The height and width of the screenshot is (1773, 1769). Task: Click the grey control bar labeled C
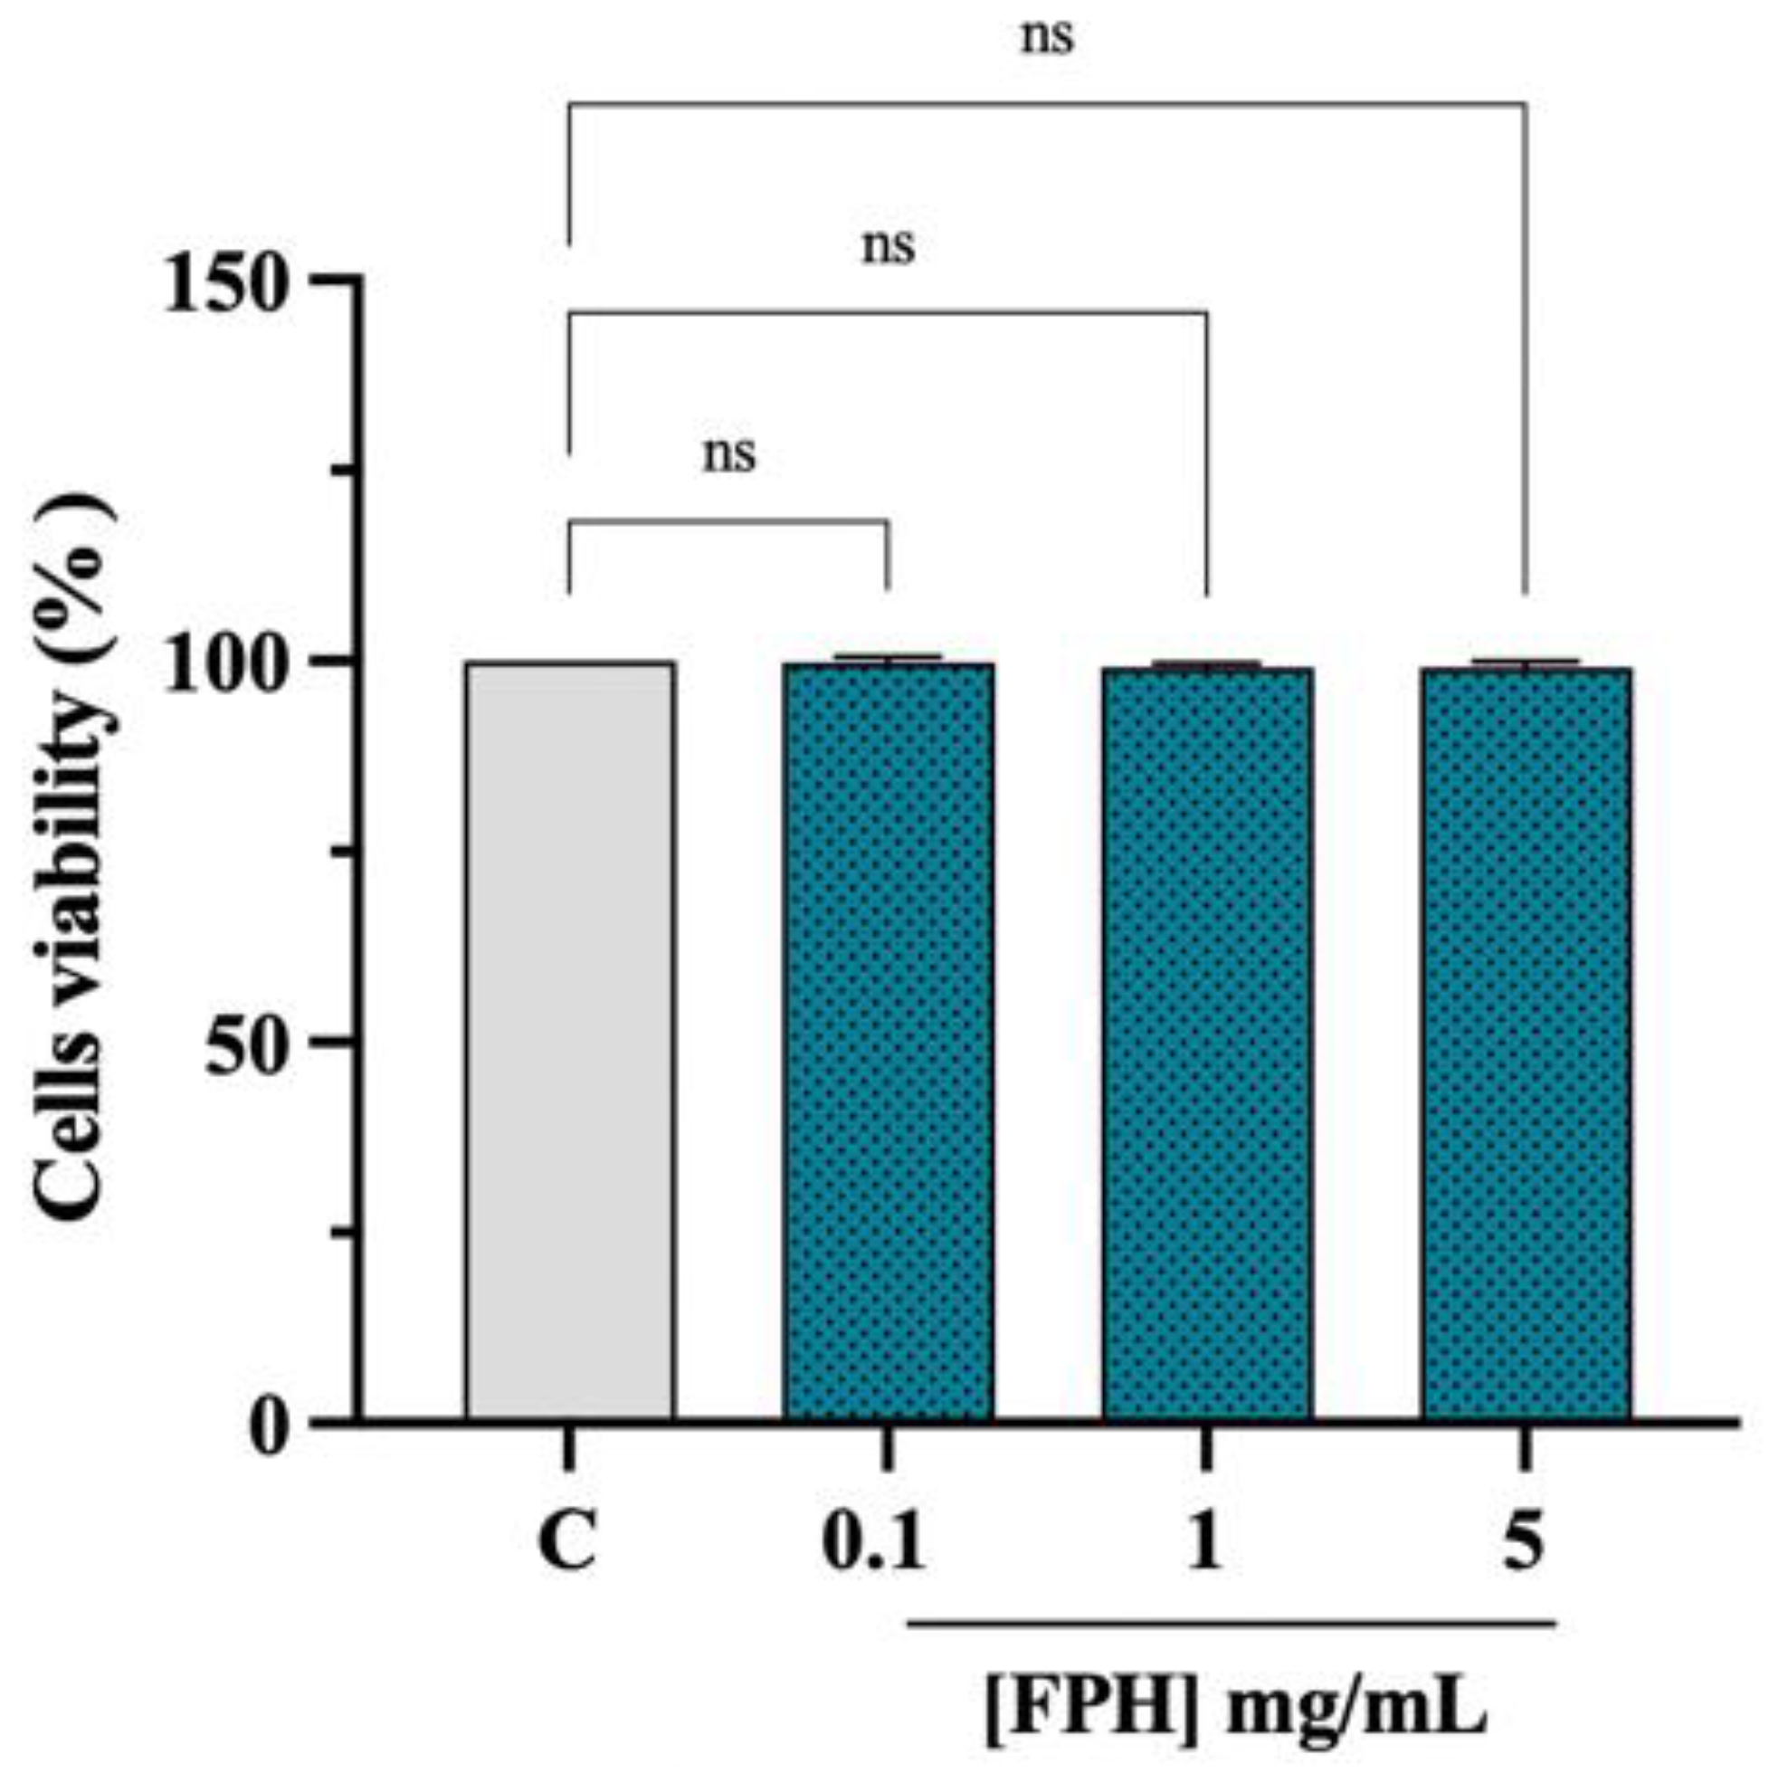click(570, 1042)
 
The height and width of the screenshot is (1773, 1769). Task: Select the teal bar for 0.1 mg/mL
click(889, 1042)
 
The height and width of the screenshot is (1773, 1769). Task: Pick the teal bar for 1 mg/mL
click(1207, 1044)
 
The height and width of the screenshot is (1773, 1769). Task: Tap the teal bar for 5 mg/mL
click(1526, 1044)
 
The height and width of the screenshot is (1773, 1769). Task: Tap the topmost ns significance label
click(1047, 39)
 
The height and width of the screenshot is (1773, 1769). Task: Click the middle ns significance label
click(889, 246)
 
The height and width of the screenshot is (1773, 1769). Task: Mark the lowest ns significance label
click(729, 453)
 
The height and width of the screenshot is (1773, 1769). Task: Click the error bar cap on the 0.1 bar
click(889, 656)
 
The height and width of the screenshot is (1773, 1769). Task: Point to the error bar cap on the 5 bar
click(1526, 661)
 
